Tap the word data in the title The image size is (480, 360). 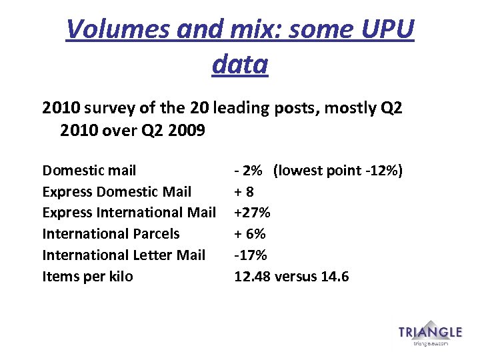[240, 64]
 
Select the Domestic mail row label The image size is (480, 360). [89, 171]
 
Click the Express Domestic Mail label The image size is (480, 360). [117, 192]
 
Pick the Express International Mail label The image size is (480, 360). [129, 213]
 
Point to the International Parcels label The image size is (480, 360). [111, 234]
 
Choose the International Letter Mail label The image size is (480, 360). [123, 255]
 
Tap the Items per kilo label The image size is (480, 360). [87, 276]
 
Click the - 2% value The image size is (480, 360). [247, 171]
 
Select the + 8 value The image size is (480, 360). [244, 192]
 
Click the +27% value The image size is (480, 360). [251, 213]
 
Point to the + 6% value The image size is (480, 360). [249, 234]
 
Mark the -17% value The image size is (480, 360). [250, 255]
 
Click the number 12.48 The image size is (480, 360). [251, 276]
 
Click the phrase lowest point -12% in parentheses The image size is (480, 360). [337, 171]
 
